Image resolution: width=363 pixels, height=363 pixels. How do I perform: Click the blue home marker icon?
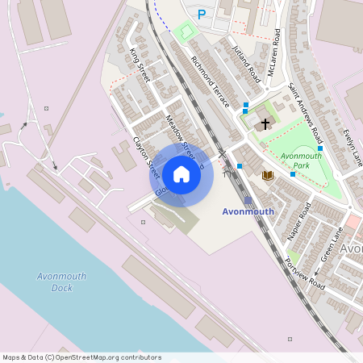(x=181, y=173)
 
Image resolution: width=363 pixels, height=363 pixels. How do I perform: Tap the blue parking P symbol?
(x=202, y=14)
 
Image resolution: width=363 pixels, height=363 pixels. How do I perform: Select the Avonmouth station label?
(x=248, y=211)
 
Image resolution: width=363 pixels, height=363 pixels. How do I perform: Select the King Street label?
(x=140, y=65)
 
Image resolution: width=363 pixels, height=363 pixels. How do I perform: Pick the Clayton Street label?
(x=145, y=153)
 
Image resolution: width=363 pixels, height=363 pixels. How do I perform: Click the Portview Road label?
(x=306, y=274)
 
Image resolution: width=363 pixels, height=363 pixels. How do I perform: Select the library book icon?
(x=267, y=174)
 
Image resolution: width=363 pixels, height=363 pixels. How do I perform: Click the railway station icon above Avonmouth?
(x=248, y=200)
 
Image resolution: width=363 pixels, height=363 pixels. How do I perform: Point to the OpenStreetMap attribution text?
(x=82, y=357)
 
